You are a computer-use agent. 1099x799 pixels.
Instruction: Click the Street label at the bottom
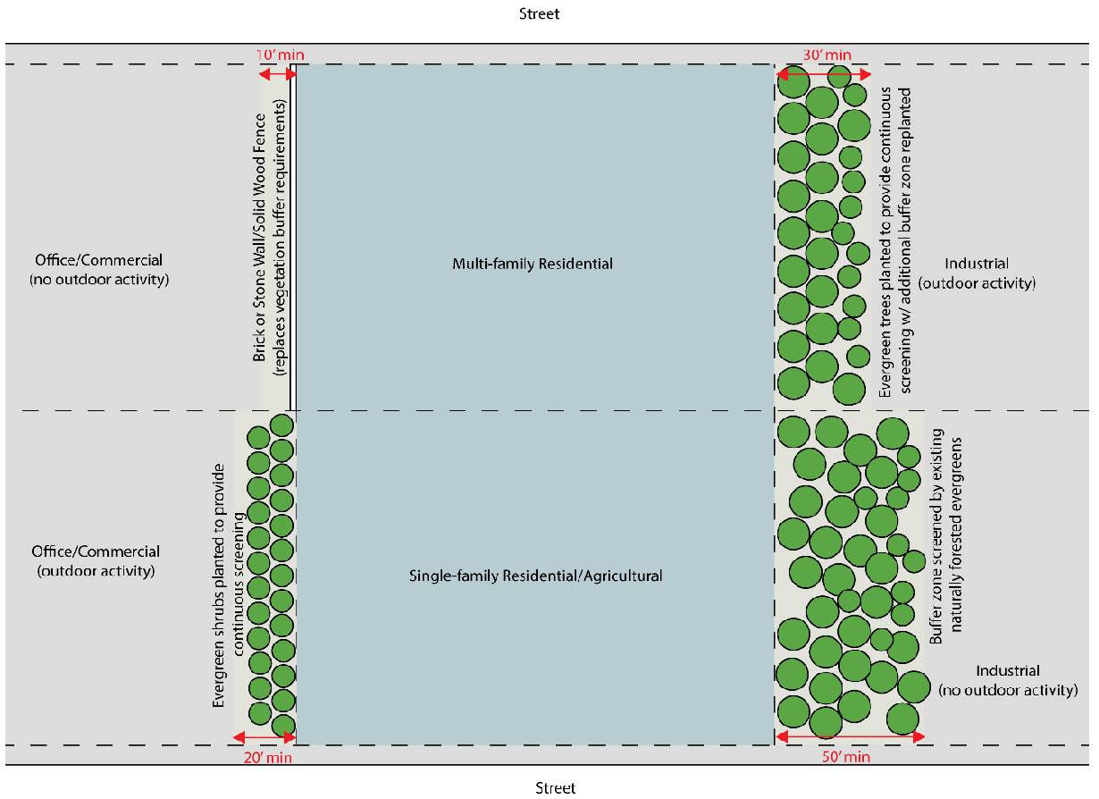tap(555, 787)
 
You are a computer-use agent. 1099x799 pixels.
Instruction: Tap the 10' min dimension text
tap(280, 55)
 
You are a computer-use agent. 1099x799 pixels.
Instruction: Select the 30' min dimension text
tap(826, 55)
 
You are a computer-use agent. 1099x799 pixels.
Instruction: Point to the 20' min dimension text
tap(267, 758)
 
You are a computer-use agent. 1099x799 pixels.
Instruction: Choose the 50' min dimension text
tap(844, 758)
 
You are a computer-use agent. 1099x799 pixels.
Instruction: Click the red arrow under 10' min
tap(278, 74)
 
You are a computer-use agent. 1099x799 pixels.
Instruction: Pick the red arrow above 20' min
tap(264, 737)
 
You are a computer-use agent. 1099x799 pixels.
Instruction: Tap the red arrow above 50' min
tap(848, 737)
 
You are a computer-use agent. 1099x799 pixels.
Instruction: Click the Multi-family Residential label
tap(533, 264)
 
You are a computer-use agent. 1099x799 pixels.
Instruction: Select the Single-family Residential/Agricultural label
tap(535, 576)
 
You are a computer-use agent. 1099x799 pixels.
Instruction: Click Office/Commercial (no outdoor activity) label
tap(98, 269)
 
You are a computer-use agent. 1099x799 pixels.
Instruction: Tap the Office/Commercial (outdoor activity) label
tap(96, 560)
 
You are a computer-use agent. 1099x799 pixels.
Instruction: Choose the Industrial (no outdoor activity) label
tap(1007, 680)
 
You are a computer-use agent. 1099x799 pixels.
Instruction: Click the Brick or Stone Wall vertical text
tap(269, 237)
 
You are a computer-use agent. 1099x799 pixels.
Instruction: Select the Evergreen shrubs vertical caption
tap(228, 586)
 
